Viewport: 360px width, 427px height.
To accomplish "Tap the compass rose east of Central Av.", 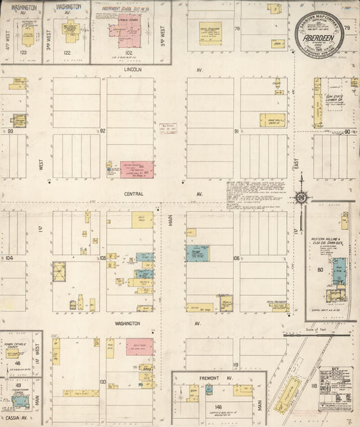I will tap(301, 197).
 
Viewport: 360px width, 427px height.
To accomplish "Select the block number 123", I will tap(23, 52).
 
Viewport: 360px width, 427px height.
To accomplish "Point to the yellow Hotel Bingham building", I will tap(210, 34).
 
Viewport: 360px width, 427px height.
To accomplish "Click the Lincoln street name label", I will tap(133, 70).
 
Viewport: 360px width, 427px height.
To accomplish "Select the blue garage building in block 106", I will tap(197, 253).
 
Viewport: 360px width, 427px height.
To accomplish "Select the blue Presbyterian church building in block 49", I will tap(20, 401).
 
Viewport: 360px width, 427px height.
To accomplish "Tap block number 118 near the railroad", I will tap(313, 385).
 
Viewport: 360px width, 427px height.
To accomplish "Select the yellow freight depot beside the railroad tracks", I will tap(289, 393).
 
